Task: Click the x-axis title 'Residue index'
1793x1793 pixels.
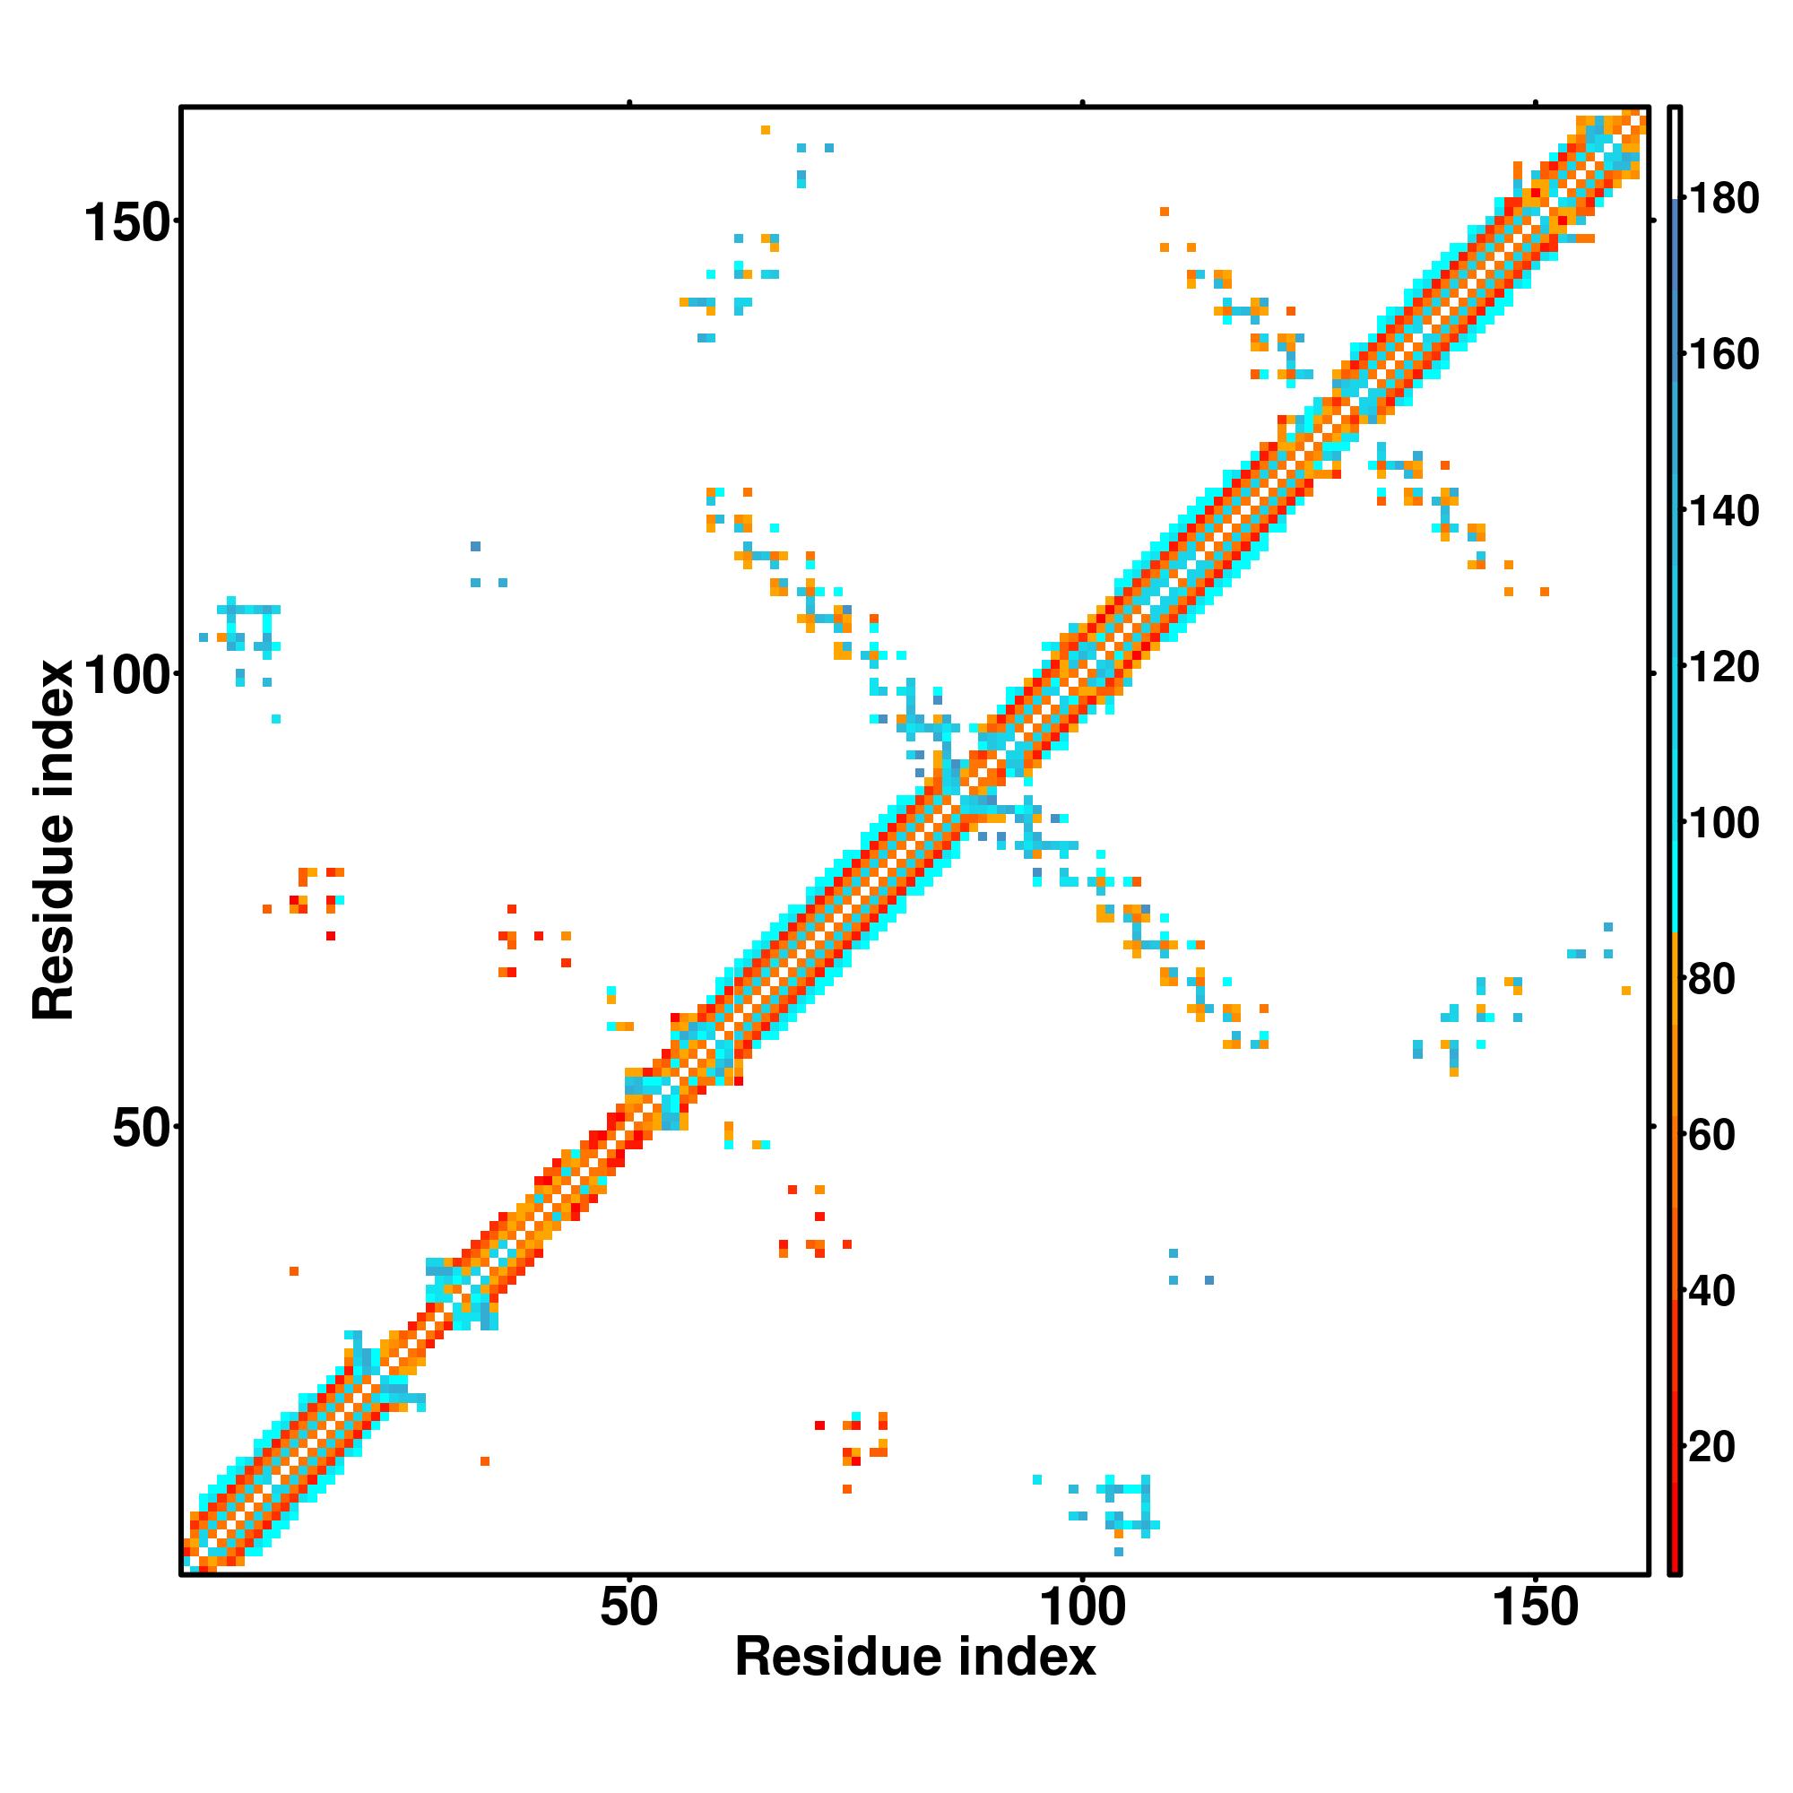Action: point(915,1658)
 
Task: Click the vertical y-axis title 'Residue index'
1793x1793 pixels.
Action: point(54,840)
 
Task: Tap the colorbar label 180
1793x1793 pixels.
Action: point(1723,200)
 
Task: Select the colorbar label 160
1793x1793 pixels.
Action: point(1723,355)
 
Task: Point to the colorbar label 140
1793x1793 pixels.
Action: point(1723,511)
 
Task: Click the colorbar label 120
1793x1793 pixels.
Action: point(1723,667)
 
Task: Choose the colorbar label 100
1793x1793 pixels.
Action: point(1723,823)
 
